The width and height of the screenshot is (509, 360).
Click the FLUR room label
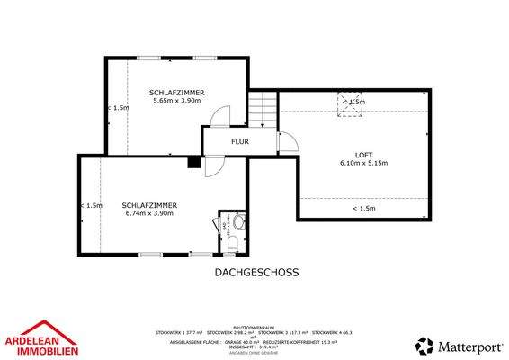click(240, 141)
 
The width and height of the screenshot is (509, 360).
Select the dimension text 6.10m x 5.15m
click(364, 163)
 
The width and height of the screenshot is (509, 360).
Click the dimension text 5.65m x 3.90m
click(179, 101)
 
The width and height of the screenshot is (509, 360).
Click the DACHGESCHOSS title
click(256, 271)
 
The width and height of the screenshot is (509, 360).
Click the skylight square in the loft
click(349, 105)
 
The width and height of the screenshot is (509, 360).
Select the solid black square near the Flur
click(193, 162)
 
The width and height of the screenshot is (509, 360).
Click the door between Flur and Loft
click(286, 142)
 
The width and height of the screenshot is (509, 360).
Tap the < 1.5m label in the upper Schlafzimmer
click(118, 107)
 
